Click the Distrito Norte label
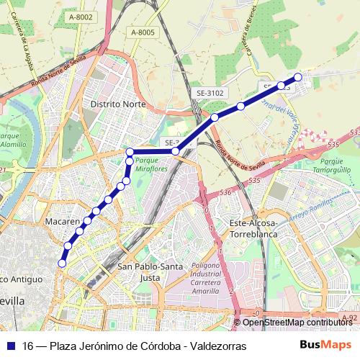[118, 104]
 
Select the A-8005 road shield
[143, 32]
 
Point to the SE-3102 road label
[210, 93]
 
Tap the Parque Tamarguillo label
[337, 166]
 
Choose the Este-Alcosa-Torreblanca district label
[258, 229]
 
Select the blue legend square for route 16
[10, 346]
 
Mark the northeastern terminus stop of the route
[298, 77]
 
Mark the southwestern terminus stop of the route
[62, 264]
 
